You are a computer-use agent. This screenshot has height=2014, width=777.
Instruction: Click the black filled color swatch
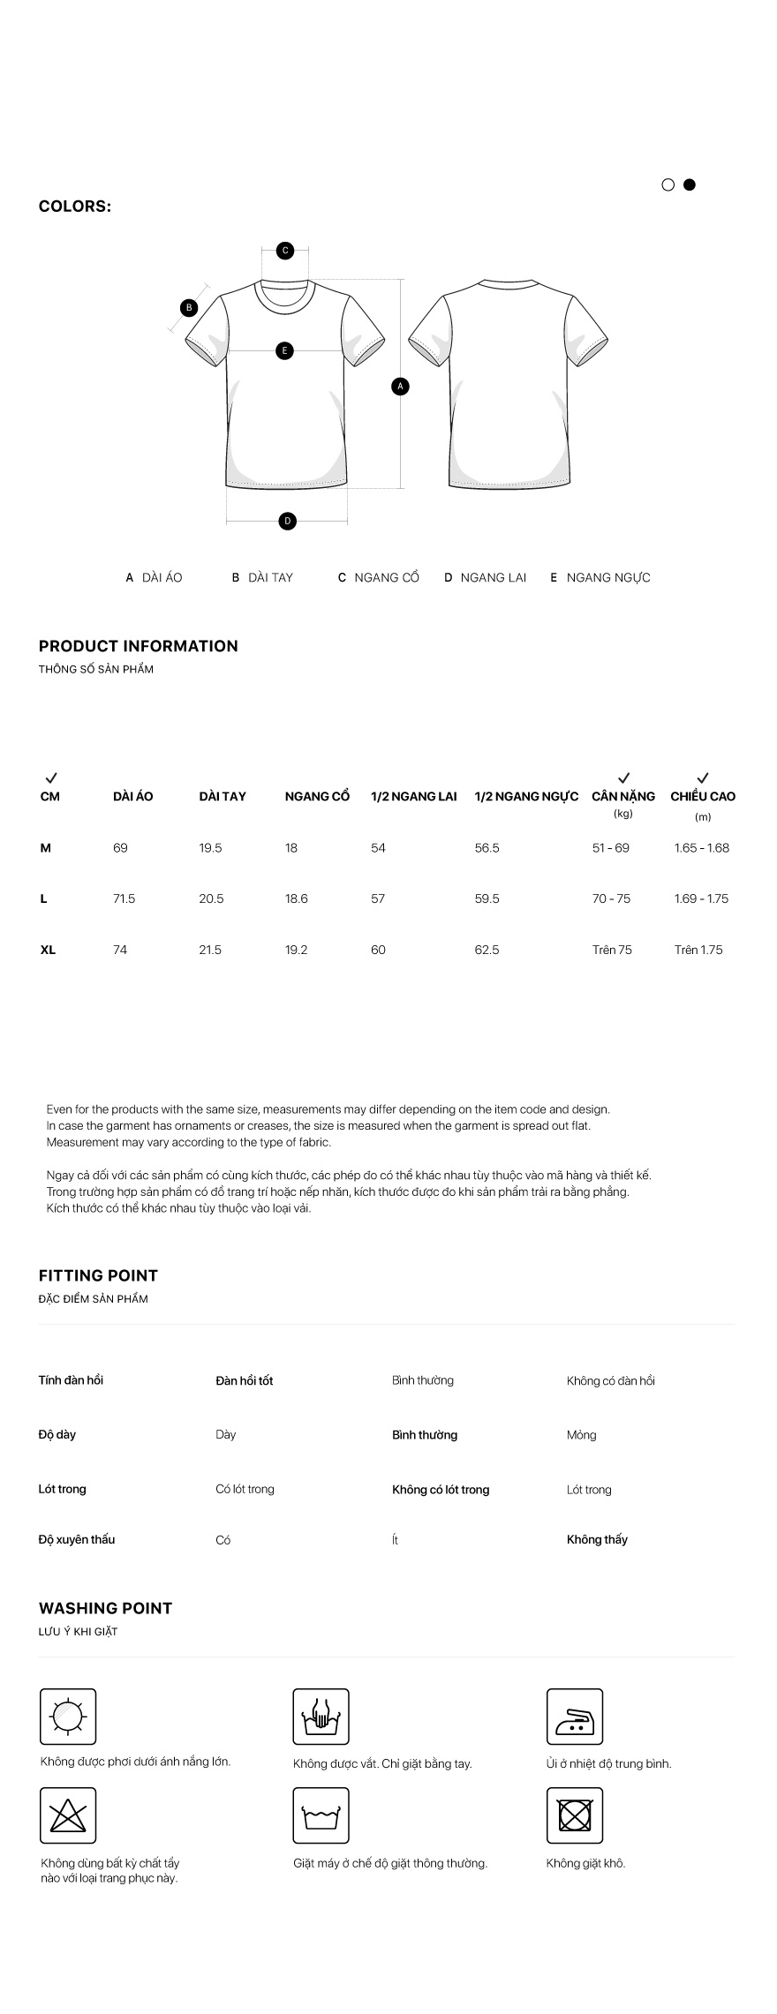690,184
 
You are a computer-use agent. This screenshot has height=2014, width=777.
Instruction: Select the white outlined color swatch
668,184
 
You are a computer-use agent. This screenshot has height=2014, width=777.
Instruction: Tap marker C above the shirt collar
285,251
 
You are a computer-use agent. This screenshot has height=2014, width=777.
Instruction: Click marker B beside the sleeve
188,308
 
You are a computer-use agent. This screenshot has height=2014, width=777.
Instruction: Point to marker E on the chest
284,351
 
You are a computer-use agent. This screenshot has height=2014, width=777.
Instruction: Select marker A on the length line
400,386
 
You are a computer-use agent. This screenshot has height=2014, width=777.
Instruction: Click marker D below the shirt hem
287,522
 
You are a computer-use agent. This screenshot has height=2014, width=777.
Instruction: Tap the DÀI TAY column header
223,796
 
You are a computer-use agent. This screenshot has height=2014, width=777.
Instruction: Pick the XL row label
48,950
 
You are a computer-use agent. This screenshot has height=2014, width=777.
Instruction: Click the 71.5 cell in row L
124,898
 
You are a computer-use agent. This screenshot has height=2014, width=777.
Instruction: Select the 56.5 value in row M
487,848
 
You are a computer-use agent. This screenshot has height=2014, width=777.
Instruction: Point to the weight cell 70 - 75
611,898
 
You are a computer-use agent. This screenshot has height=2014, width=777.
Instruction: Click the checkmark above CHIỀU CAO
702,778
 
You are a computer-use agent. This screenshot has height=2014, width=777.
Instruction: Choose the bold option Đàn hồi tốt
245,1380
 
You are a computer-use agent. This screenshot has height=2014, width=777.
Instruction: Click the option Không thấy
597,1539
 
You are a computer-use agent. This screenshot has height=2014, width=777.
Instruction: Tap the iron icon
574,1717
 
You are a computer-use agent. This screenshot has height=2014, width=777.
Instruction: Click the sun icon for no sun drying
68,1717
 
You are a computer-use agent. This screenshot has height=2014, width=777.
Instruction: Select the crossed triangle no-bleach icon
68,1815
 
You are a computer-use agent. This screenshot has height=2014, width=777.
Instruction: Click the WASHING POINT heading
105,1608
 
